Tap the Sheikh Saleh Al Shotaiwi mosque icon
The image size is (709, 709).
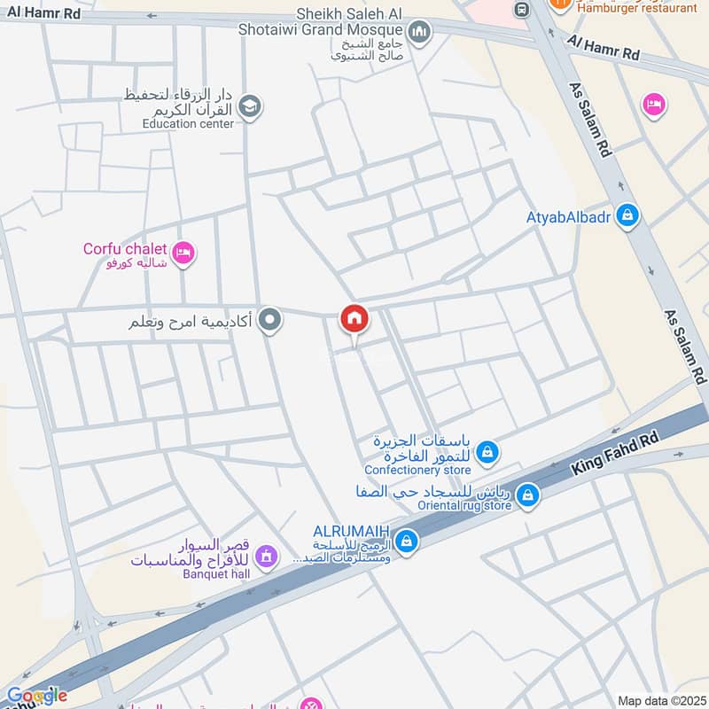coord(419,33)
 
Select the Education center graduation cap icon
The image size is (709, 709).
coord(251,107)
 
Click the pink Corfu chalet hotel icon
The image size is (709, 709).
coord(184,253)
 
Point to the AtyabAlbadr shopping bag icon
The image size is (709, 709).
coord(627,215)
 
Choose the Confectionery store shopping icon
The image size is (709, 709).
coord(487,454)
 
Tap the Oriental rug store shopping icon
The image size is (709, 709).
coord(527,495)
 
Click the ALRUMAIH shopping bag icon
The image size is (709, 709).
coord(406,540)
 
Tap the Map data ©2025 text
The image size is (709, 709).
coord(661,701)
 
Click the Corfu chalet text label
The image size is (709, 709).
coord(125,249)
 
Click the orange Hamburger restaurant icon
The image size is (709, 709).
coord(559,4)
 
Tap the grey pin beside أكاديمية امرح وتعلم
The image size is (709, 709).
coord(271,320)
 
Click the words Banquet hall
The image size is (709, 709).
coord(218,573)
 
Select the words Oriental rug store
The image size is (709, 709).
coord(460,505)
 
